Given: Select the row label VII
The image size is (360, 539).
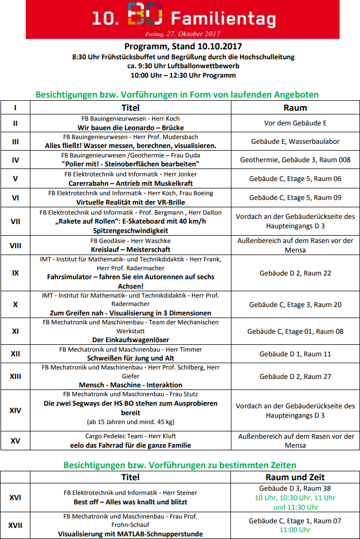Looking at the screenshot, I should pos(15,221).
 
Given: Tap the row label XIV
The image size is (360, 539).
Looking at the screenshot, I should pos(15,410).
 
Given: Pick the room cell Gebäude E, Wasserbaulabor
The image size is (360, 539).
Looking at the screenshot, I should pos(295,141).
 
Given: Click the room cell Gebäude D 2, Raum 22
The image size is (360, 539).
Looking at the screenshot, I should pos(295,273).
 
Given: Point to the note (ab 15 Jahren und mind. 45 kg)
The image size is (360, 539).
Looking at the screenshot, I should pos(131,421).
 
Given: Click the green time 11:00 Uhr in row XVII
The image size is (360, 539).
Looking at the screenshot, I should pos(295,530).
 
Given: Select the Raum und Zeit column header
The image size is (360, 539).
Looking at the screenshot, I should pos(295,477).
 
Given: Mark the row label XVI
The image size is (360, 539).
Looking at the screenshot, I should pos(15,496).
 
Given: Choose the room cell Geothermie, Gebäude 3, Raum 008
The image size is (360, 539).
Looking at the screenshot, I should pos(295,160).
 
